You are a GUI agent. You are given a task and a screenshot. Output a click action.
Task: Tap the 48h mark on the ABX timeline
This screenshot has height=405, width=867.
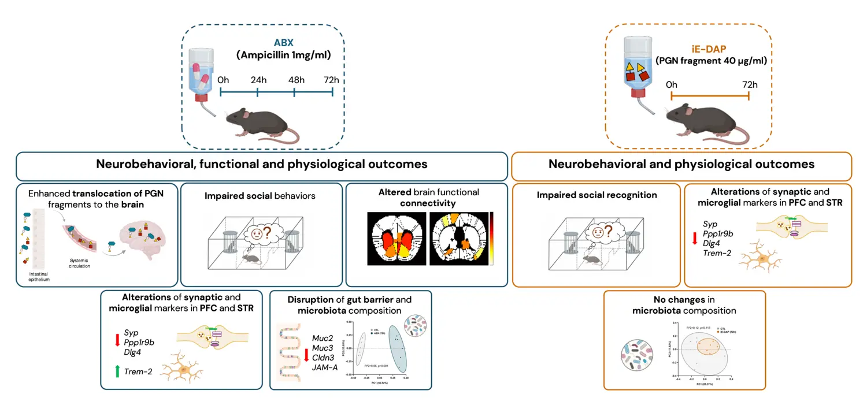tap(295, 81)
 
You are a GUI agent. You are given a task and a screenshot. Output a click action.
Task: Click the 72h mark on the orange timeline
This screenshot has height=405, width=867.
tap(749, 85)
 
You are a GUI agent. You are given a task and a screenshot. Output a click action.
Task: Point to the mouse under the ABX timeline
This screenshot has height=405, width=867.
tap(260, 122)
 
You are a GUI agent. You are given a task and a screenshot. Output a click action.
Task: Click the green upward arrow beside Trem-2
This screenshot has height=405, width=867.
tap(118, 371)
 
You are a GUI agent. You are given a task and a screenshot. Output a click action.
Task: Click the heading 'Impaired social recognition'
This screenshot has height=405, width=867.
tap(596, 195)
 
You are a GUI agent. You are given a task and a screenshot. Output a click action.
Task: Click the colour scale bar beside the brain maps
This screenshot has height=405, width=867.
tap(492, 238)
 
